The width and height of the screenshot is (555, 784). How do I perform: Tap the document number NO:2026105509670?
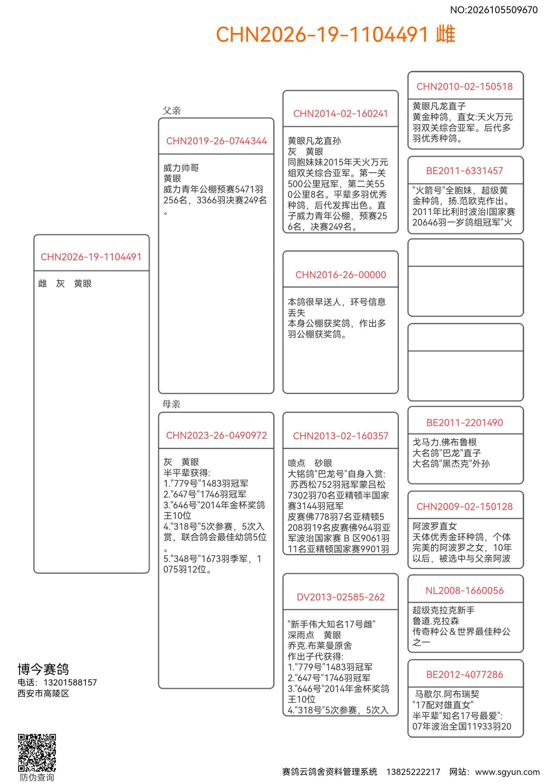pyautogui.click(x=493, y=10)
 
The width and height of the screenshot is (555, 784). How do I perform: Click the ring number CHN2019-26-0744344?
pyautogui.click(x=216, y=141)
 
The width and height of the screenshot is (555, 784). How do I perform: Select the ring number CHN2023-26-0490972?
pyautogui.click(x=216, y=435)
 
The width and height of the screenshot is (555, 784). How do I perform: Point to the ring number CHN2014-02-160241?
pyautogui.click(x=340, y=114)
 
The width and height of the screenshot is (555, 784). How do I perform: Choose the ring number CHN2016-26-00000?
pyautogui.click(x=340, y=275)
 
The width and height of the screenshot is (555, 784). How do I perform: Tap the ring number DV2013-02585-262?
pyautogui.click(x=340, y=597)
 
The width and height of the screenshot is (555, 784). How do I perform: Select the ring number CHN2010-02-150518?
pyautogui.click(x=464, y=86)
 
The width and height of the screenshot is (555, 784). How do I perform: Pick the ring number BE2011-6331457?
pyautogui.click(x=464, y=171)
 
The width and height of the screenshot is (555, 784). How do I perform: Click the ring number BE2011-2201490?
pyautogui.click(x=464, y=423)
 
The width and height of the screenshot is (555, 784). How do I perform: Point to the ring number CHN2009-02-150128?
pyautogui.click(x=464, y=507)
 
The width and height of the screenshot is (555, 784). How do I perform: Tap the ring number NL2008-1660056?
pyautogui.click(x=464, y=591)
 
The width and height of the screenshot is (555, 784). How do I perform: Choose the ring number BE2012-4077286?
pyautogui.click(x=464, y=675)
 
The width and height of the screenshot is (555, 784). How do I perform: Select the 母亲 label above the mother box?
pyautogui.click(x=171, y=404)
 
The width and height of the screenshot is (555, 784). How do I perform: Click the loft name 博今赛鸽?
pyautogui.click(x=43, y=669)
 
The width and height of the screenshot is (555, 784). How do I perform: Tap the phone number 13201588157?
pyautogui.click(x=70, y=682)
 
